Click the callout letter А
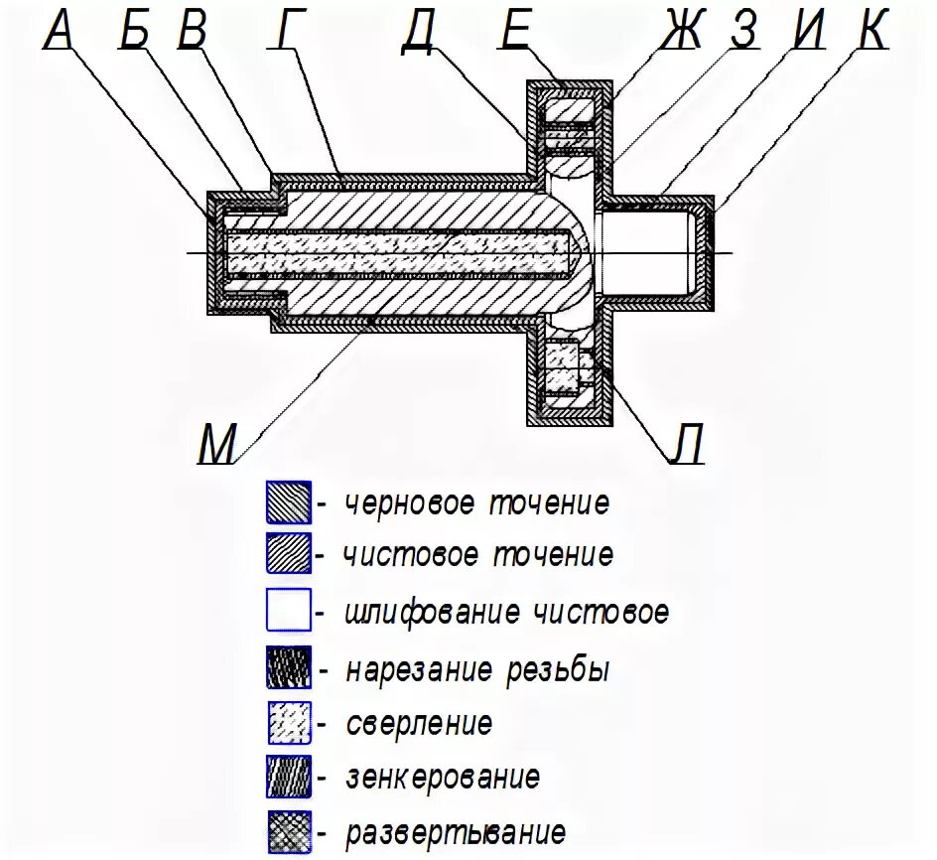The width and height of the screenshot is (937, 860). point(60,32)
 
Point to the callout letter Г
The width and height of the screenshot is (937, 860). point(285,32)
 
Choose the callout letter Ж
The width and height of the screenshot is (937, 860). point(682,32)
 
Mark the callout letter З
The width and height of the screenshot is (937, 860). point(743,32)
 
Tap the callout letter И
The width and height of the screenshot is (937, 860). point(808,32)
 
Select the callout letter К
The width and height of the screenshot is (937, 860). point(870,32)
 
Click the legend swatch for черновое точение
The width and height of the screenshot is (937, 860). point(289,502)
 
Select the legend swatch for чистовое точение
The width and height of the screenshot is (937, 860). point(289,554)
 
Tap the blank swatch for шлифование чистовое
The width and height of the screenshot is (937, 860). point(289,610)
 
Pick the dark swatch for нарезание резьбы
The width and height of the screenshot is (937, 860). point(289,667)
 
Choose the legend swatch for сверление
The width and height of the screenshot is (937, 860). point(289,722)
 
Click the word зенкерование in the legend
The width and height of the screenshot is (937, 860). point(443,776)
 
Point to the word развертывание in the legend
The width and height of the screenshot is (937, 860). point(456,831)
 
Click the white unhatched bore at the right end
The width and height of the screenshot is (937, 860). point(645,252)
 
